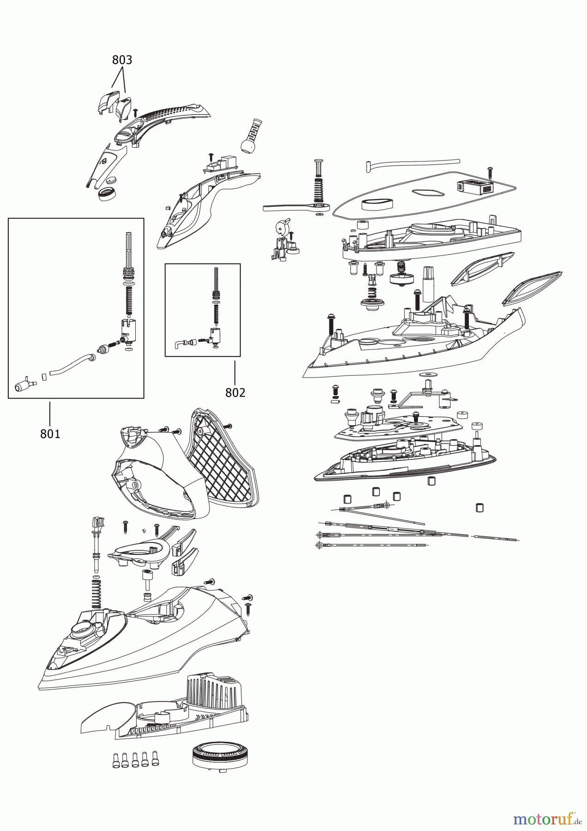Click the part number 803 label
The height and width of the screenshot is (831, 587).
coord(122,60)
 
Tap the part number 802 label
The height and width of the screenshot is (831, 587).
coord(235,392)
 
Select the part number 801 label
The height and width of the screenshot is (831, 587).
coord(50,434)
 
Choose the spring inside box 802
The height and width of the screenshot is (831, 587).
coord(215,314)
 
